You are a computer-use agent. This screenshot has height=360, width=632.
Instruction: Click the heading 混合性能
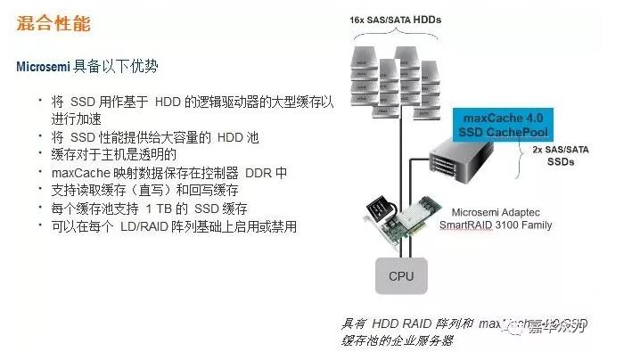click(53, 24)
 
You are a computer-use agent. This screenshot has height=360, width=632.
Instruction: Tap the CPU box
click(400, 277)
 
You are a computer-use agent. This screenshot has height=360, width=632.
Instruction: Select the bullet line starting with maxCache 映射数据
click(169, 172)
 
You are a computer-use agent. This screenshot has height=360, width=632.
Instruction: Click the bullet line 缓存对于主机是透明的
click(114, 154)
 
